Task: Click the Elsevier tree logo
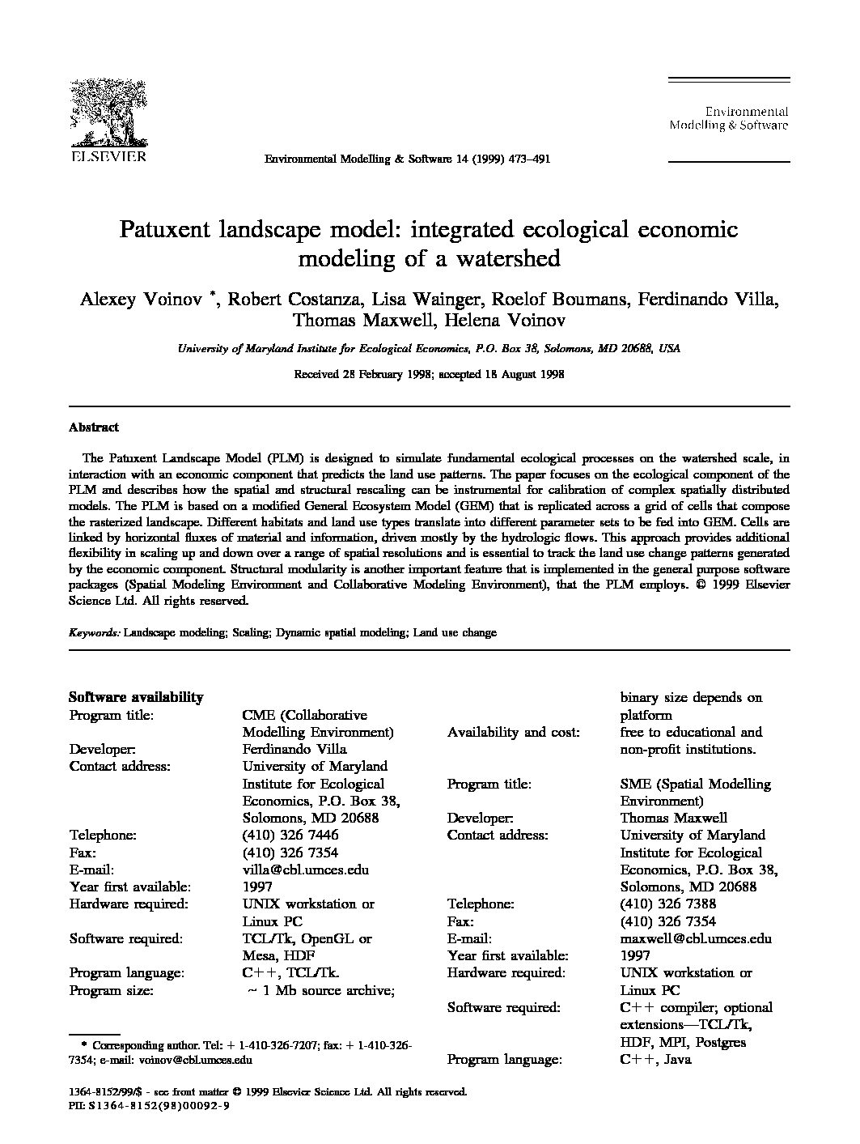[106, 113]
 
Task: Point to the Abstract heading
[94, 427]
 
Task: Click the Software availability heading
[136, 697]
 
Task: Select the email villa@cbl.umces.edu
[306, 870]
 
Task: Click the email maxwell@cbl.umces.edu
[695, 938]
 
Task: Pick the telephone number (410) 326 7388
[667, 904]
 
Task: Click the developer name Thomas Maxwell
[673, 818]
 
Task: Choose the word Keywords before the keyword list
[94, 632]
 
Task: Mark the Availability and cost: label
[513, 732]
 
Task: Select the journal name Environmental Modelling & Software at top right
[728, 118]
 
